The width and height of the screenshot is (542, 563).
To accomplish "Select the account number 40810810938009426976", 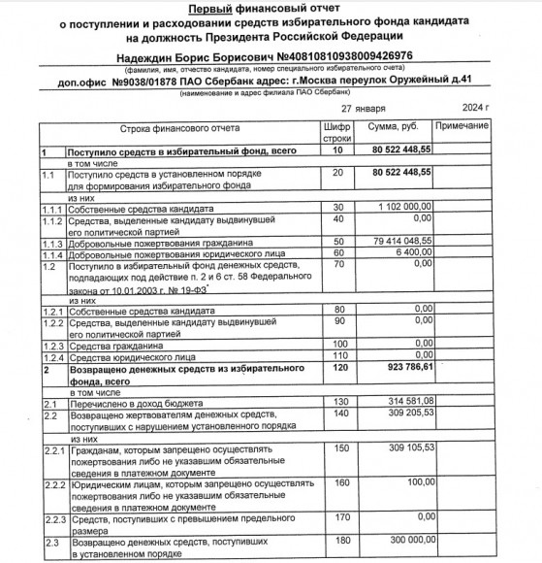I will pyautogui.click(x=348, y=54).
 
